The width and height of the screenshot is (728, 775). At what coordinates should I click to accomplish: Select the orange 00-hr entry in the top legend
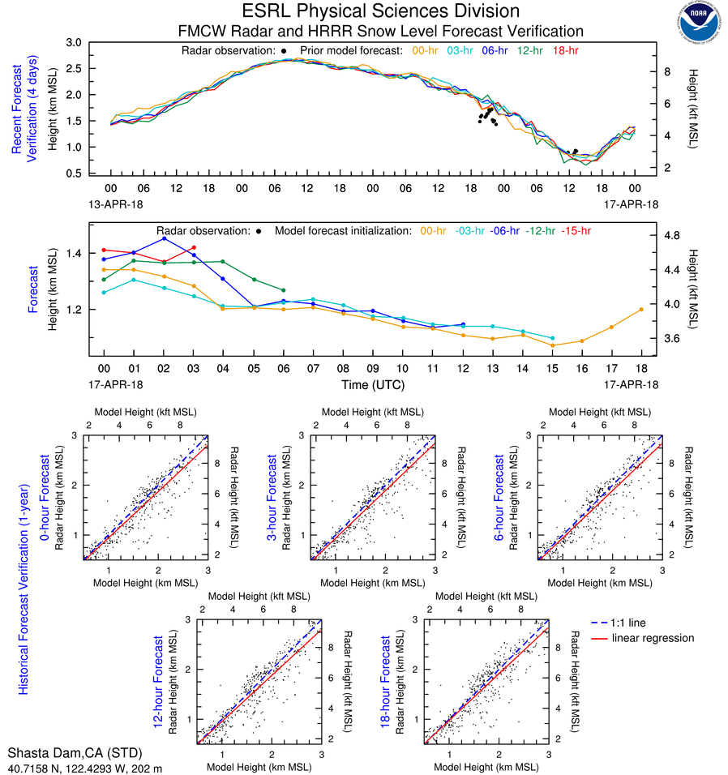click(426, 50)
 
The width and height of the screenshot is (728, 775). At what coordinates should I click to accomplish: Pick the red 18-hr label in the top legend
click(565, 50)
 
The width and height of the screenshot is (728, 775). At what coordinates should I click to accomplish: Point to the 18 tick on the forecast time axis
click(641, 367)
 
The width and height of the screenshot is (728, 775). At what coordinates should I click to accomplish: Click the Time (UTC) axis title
click(372, 384)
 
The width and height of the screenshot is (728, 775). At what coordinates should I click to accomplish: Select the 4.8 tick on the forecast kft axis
click(672, 236)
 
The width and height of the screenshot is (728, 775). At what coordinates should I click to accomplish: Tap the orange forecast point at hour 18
click(641, 309)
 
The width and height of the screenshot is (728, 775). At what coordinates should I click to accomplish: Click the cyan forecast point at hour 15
click(552, 338)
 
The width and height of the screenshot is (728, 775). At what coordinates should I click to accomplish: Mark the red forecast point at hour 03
click(194, 247)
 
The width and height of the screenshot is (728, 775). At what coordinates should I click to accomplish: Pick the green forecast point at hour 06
click(283, 290)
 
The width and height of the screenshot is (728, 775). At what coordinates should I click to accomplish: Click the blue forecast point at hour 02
click(164, 238)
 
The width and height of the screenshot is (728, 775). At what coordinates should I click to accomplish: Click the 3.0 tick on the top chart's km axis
click(73, 42)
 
